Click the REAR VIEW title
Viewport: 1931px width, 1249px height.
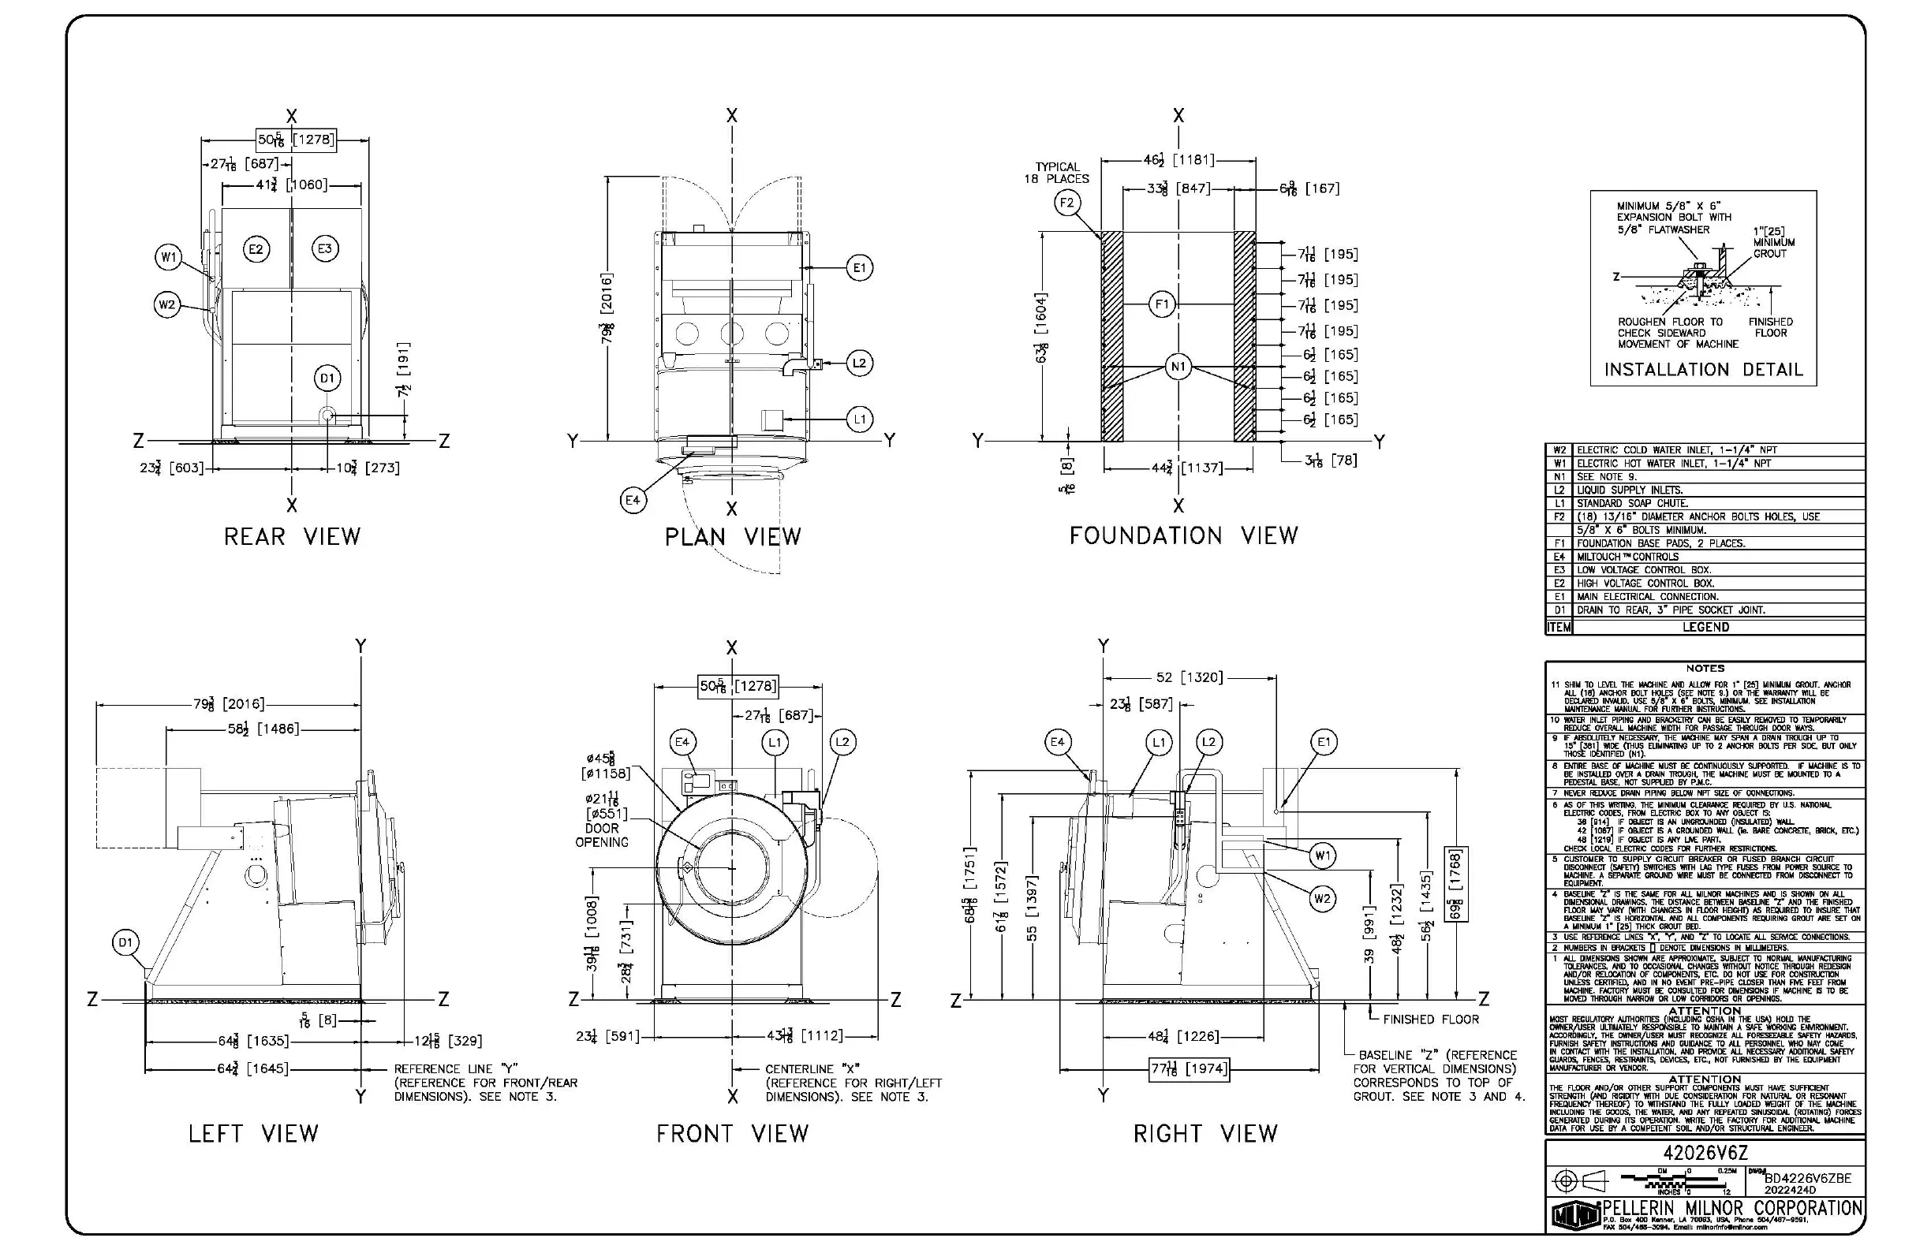(292, 537)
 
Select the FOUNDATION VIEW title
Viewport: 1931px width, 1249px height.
(1183, 536)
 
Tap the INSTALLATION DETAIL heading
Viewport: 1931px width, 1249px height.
(1703, 370)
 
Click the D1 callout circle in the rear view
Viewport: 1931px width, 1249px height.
(327, 378)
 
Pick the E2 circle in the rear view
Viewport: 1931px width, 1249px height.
(256, 249)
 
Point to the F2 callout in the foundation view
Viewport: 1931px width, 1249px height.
(1067, 203)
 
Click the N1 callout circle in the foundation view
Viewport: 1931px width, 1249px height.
(1178, 367)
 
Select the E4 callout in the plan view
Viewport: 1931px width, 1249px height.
(633, 501)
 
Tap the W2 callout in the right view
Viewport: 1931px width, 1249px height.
(1323, 899)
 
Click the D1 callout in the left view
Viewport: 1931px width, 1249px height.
(125, 942)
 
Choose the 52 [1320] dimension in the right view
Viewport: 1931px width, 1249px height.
(1189, 678)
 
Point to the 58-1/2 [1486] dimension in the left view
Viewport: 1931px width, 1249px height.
(264, 729)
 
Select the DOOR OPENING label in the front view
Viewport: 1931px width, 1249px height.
(602, 835)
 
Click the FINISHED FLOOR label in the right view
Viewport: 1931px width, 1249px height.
(1430, 1020)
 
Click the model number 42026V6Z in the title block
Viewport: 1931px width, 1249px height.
(1705, 1154)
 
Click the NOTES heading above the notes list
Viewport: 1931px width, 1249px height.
(1705, 669)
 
